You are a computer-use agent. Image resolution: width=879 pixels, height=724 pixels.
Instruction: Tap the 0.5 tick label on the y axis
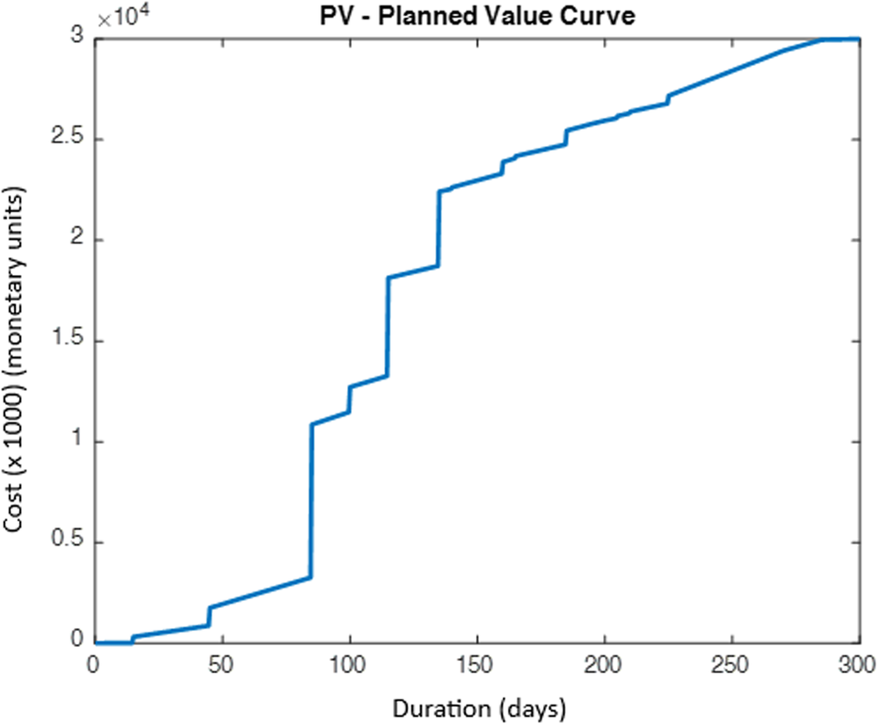(x=66, y=542)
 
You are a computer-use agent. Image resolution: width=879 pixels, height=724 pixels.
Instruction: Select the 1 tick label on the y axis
(x=77, y=442)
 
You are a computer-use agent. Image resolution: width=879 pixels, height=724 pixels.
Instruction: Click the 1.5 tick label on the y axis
(x=66, y=341)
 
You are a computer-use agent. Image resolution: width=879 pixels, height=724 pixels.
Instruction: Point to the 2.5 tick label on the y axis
(x=66, y=140)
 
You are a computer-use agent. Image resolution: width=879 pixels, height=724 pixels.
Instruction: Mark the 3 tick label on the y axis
(x=77, y=39)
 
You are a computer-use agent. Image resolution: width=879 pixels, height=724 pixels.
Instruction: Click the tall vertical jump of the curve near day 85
(x=311, y=501)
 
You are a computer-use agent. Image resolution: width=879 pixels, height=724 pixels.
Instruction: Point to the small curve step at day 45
(x=209, y=616)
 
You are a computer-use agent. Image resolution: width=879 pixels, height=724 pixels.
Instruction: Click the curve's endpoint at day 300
(x=858, y=39)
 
